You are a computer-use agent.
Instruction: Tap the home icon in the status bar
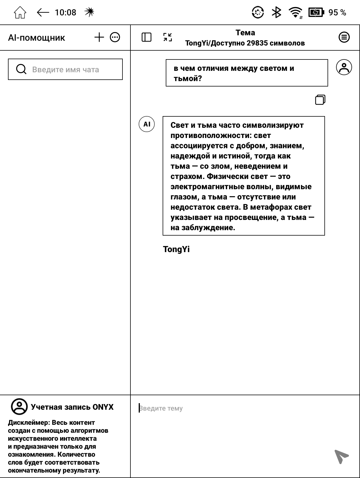click(x=20, y=13)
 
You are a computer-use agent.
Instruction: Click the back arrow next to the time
click(x=43, y=13)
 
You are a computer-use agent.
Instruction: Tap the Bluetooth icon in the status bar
click(x=276, y=13)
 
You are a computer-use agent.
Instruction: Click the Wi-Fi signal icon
click(x=295, y=13)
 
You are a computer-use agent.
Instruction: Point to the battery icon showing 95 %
click(x=316, y=13)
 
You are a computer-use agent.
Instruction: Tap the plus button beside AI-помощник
click(x=99, y=37)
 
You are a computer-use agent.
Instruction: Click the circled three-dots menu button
click(x=115, y=37)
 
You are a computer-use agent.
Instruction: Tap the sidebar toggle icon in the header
click(x=146, y=37)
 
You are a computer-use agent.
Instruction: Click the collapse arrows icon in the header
click(x=167, y=37)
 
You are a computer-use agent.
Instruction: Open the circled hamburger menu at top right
click(x=344, y=37)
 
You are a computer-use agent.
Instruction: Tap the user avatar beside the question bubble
click(x=344, y=67)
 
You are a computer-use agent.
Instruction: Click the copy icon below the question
click(x=320, y=100)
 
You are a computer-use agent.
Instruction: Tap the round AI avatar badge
click(x=147, y=124)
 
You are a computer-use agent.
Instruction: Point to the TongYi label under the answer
click(x=176, y=249)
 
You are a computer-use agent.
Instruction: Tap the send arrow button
click(x=341, y=456)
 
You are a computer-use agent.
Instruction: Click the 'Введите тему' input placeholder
click(x=161, y=408)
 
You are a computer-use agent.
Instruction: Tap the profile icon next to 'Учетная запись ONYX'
click(x=19, y=407)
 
